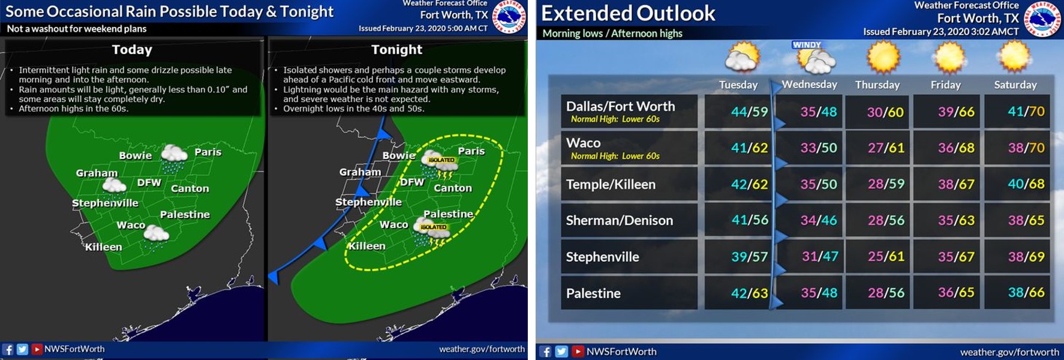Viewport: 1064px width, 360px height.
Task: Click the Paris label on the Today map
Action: [208, 152]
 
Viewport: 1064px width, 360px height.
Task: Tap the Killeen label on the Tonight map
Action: [367, 246]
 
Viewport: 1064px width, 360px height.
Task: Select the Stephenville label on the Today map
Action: [105, 203]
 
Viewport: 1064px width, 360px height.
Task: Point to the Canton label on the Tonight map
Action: [453, 188]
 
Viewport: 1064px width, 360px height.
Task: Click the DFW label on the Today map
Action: [149, 182]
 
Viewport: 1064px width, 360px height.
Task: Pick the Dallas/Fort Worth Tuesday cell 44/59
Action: [749, 112]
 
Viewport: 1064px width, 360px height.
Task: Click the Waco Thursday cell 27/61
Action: [886, 148]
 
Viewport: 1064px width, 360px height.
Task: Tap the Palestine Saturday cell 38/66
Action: [1026, 292]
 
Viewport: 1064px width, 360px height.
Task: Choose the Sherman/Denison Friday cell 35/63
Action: [956, 220]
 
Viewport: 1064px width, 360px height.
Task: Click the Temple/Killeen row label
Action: [611, 184]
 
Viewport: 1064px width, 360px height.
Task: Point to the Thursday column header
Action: [877, 85]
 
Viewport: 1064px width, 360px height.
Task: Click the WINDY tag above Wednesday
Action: [807, 44]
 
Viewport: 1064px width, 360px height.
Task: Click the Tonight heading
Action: [396, 49]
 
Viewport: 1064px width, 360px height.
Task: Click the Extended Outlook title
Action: [628, 13]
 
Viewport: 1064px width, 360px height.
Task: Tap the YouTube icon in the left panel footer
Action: [37, 349]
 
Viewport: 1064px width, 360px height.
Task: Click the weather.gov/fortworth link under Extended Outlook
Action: [1009, 352]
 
